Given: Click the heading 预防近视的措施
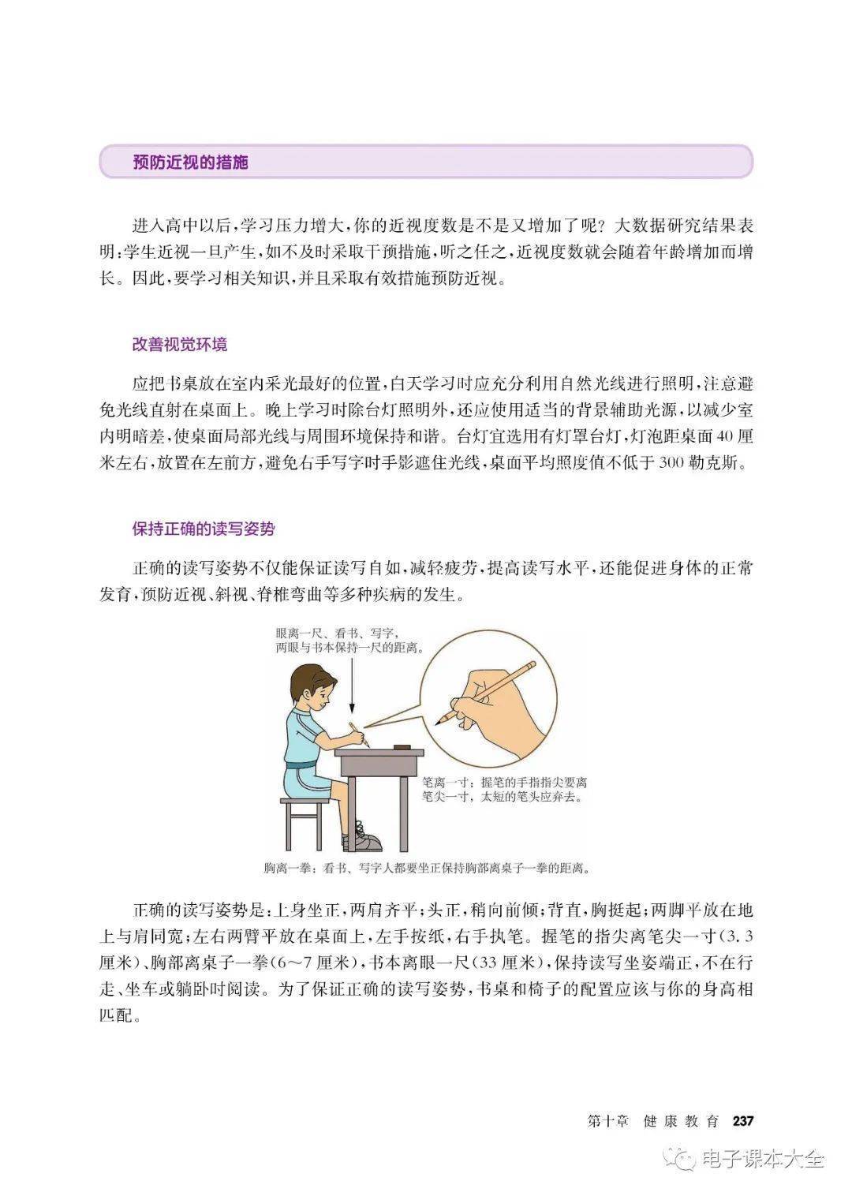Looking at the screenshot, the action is [190, 162].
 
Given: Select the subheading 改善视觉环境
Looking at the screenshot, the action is [179, 345].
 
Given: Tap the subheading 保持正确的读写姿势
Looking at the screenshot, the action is [204, 529].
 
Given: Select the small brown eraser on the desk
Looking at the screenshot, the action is [402, 746].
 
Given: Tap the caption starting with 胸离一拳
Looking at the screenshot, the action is [427, 868].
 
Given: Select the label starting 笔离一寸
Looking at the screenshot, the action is [504, 790].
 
